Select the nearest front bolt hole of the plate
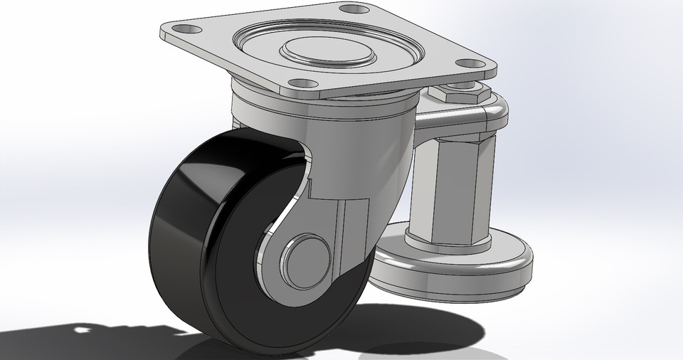coord(302,83)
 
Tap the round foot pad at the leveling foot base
coord(455,267)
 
